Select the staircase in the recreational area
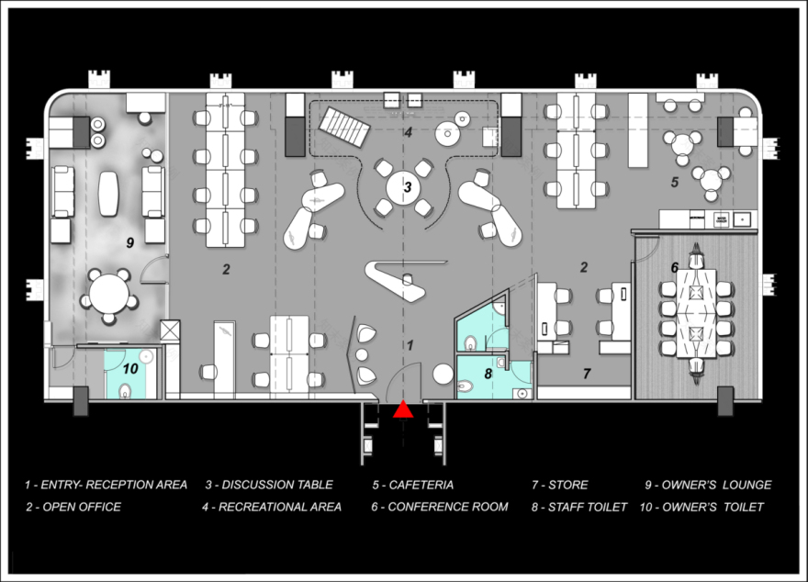(x=344, y=126)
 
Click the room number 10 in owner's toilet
(x=130, y=368)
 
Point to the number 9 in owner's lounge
(x=129, y=242)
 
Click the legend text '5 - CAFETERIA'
(x=413, y=485)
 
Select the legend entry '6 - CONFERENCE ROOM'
(x=440, y=507)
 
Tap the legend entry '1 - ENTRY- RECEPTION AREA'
(x=106, y=485)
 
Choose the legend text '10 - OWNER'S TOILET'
(x=701, y=507)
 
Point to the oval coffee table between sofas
(x=108, y=193)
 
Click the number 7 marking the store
(x=587, y=374)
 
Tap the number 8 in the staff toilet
(x=488, y=374)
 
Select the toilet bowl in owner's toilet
(x=125, y=391)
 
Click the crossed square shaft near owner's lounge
(x=170, y=330)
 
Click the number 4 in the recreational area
(x=408, y=132)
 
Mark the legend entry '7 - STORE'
(x=559, y=485)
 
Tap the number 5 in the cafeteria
(x=675, y=182)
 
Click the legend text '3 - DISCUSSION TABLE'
(x=269, y=485)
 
